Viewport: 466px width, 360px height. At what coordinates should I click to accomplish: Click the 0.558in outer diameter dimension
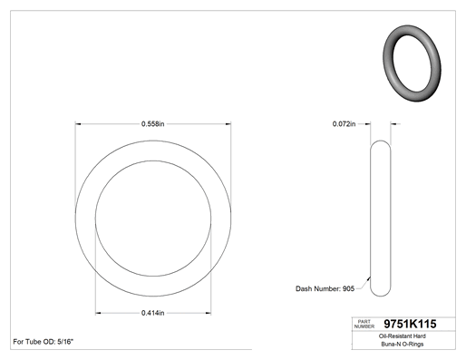153,124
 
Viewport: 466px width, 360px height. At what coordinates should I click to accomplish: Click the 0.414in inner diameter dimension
153,313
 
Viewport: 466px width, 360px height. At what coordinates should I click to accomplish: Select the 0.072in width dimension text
344,124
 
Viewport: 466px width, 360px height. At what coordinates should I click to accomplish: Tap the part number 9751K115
410,324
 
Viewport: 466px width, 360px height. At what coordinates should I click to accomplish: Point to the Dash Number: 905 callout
325,288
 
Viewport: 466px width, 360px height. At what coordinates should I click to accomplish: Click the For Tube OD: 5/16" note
44,342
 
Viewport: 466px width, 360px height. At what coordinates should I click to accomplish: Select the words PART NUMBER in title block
364,324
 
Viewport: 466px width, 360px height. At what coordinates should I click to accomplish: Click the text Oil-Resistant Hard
403,336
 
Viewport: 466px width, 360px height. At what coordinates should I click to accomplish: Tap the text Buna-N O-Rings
403,344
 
